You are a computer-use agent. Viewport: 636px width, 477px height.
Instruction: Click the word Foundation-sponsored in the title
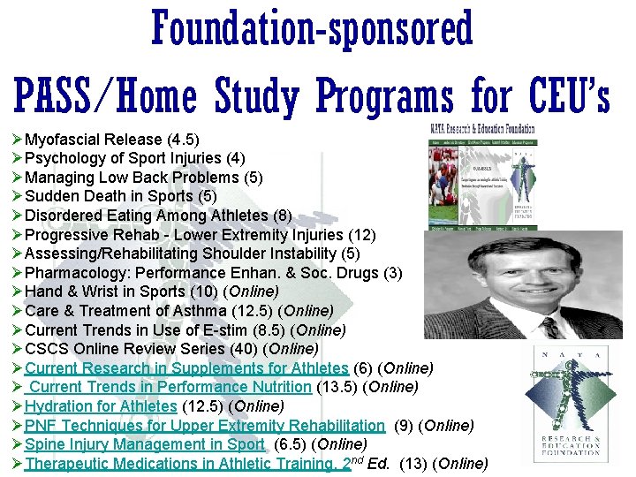(x=313, y=29)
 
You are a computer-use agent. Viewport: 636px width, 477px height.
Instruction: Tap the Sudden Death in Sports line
(x=120, y=196)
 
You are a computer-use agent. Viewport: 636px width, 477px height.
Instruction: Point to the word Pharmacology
(x=72, y=273)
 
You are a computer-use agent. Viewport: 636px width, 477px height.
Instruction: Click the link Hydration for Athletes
(x=101, y=406)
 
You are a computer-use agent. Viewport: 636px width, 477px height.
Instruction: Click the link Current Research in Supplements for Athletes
(x=186, y=368)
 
